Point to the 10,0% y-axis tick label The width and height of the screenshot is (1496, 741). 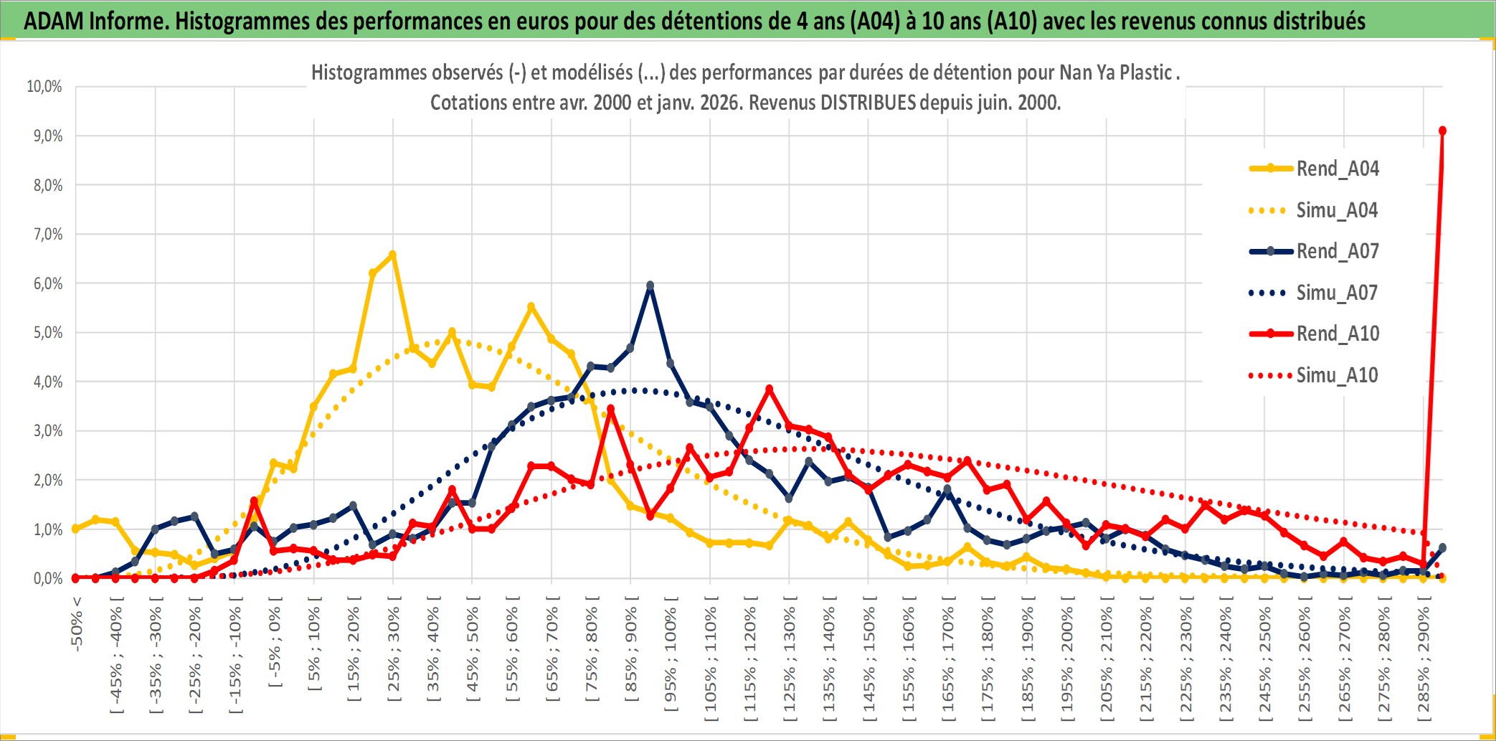[44, 87]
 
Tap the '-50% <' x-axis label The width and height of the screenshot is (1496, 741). [77, 624]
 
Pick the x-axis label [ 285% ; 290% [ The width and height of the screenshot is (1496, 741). [1423, 660]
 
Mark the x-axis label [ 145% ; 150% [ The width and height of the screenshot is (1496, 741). [868, 660]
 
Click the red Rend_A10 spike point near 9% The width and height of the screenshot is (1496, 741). [1442, 131]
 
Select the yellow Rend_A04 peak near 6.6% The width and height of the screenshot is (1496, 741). [392, 255]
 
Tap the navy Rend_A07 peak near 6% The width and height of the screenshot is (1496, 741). [650, 285]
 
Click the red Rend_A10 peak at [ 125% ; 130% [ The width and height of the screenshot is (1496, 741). [769, 389]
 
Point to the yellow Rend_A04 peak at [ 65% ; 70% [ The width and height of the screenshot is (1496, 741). [531, 306]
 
